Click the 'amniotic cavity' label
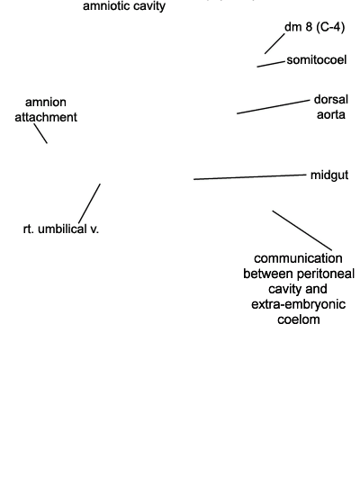[x=124, y=6]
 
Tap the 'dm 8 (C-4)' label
[x=314, y=27]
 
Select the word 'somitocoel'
[x=317, y=59]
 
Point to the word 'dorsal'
[x=331, y=99]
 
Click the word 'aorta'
[x=330, y=114]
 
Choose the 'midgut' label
[x=329, y=175]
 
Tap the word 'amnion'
[x=46, y=103]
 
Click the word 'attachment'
[x=46, y=117]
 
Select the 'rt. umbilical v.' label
[x=61, y=229]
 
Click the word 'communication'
[x=298, y=258]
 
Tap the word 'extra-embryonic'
[x=299, y=304]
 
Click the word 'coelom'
[x=299, y=319]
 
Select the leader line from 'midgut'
[x=250, y=176]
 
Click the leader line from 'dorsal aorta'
[x=274, y=107]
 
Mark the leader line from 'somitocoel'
[x=271, y=65]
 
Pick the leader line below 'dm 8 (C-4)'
[x=274, y=44]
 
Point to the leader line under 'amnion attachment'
[x=40, y=133]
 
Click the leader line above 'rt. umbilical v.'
[x=89, y=203]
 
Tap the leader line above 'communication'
[x=302, y=230]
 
